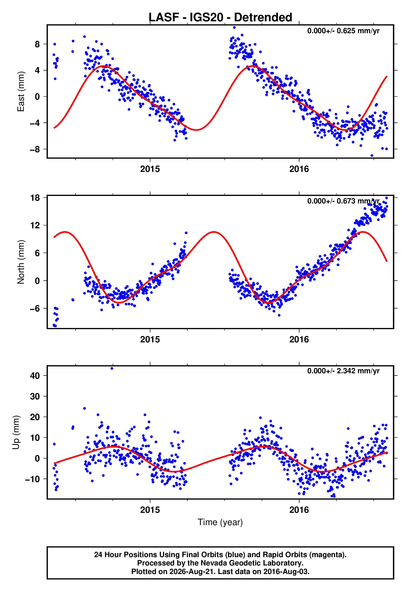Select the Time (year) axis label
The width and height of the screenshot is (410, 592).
coord(220,522)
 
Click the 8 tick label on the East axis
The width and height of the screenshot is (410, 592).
coord(37,44)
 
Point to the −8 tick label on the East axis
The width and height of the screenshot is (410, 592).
coord(35,149)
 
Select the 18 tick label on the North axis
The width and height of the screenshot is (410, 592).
coord(35,198)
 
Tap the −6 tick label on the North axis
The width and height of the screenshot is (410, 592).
coord(35,308)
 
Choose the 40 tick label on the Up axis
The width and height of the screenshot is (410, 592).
coord(35,376)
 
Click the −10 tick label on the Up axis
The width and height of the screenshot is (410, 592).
coord(33,479)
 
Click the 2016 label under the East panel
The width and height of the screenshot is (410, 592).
coord(299,169)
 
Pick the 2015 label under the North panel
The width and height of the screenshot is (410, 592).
coord(150,339)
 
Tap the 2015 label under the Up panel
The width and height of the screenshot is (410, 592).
coord(150,510)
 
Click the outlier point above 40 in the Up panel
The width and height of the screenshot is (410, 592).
coord(112,368)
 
